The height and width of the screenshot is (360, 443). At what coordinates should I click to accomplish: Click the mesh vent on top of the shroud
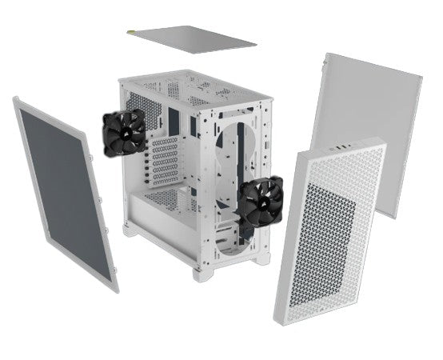click(x=168, y=196)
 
